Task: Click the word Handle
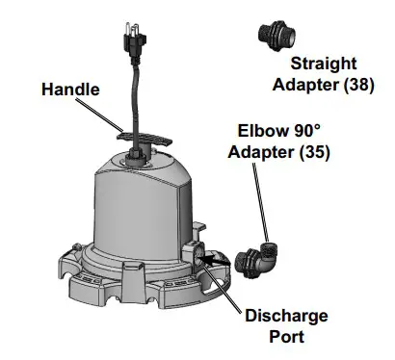[x=68, y=90]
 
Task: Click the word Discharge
[x=285, y=317]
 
